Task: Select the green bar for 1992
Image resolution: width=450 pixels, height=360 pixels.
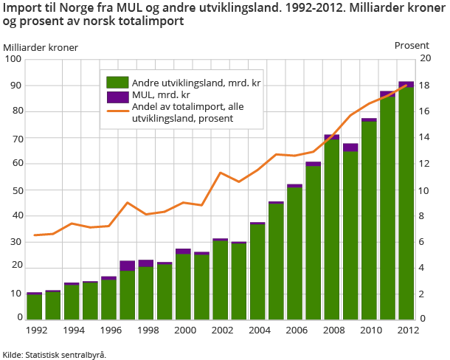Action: [34, 306]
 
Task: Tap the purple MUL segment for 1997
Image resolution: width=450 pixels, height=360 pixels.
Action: [127, 266]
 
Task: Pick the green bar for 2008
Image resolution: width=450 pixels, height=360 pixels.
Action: [331, 229]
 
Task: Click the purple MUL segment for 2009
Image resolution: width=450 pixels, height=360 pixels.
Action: [350, 148]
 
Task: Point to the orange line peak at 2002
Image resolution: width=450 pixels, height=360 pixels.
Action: [220, 173]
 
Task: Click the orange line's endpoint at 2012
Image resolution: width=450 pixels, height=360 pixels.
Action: [406, 86]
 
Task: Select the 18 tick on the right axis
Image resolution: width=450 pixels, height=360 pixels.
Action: [425, 86]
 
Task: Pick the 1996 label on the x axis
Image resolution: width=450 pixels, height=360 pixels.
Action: [108, 330]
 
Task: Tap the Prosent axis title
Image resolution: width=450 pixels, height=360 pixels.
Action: [411, 45]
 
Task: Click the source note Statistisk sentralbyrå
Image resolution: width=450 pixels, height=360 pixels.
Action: [66, 354]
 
